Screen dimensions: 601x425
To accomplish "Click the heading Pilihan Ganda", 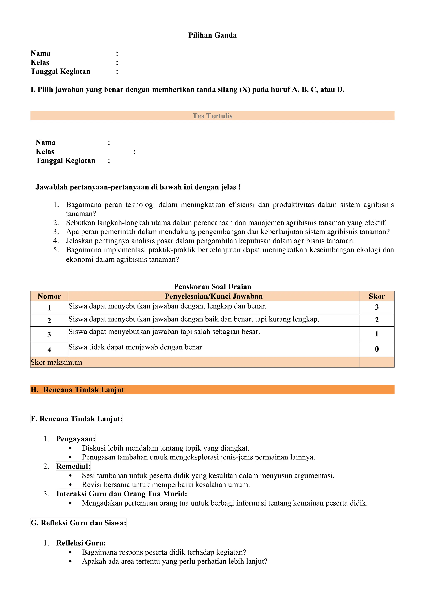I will click(212, 35).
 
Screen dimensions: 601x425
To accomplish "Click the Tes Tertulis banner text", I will click(212, 116).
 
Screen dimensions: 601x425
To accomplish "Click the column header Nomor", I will click(49, 296).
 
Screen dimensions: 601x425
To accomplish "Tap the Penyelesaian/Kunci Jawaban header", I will click(213, 296).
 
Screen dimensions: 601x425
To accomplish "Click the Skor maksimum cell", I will click(56, 362).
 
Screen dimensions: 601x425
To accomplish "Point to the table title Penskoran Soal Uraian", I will click(212, 287).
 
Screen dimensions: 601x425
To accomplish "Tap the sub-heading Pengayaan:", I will click(76, 439).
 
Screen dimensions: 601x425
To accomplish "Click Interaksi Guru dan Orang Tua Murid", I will click(121, 494).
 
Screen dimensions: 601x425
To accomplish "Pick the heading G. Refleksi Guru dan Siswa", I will click(78, 523).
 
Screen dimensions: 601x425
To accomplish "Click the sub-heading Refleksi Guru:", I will click(81, 543).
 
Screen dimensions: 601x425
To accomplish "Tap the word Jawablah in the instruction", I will click(51, 187).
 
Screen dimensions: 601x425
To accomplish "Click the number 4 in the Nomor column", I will click(49, 350).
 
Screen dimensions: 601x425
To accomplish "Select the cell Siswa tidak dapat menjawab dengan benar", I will click(135, 347).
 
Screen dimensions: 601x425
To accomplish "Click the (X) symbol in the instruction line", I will click(244, 89).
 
